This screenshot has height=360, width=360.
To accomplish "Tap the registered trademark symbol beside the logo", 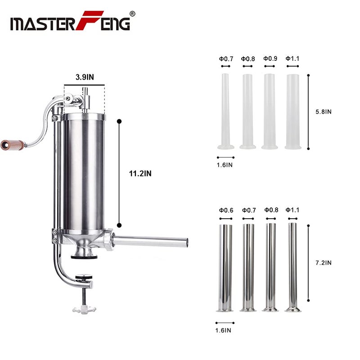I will (132, 13).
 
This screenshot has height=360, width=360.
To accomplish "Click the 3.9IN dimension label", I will (85, 77).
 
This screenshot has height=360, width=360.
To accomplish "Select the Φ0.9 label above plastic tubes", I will (270, 58).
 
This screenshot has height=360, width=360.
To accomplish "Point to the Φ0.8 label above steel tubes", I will (271, 210).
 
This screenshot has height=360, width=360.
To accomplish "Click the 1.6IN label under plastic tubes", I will (225, 165).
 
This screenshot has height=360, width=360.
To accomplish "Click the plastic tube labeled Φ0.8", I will (248, 110).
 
